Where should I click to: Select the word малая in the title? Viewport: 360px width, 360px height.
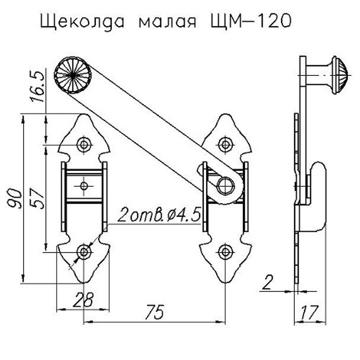pos(167,22)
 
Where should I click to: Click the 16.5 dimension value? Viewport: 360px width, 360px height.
pos(39,86)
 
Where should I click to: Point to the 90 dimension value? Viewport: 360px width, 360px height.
pos(15,198)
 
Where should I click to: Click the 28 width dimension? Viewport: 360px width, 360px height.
pos(83,300)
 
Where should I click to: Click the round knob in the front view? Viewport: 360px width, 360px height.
pos(73,75)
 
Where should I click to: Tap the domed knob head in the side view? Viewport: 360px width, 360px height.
pos(340,75)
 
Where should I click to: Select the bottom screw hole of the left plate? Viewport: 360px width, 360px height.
pos(84,252)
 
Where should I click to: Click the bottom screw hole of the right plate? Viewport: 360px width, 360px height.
pos(225,252)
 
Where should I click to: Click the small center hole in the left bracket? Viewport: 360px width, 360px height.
pos(84,186)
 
